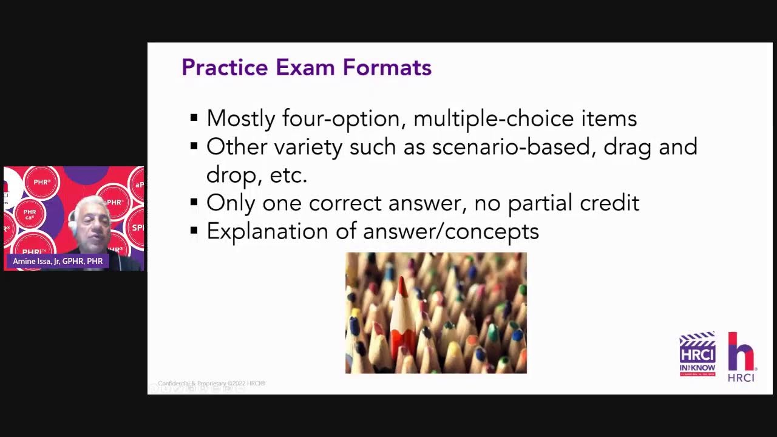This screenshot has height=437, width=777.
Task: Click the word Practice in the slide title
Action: (x=224, y=67)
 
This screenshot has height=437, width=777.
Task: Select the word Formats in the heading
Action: (x=387, y=67)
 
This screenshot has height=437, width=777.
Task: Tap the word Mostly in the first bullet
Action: (x=240, y=118)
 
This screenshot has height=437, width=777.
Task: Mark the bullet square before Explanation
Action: (x=194, y=231)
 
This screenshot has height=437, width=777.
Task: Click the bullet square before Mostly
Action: (x=194, y=117)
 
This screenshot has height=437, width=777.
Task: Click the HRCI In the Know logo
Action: (x=697, y=354)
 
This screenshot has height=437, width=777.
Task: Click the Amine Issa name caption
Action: (x=58, y=262)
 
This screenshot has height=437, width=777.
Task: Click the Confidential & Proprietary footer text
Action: (x=211, y=384)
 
